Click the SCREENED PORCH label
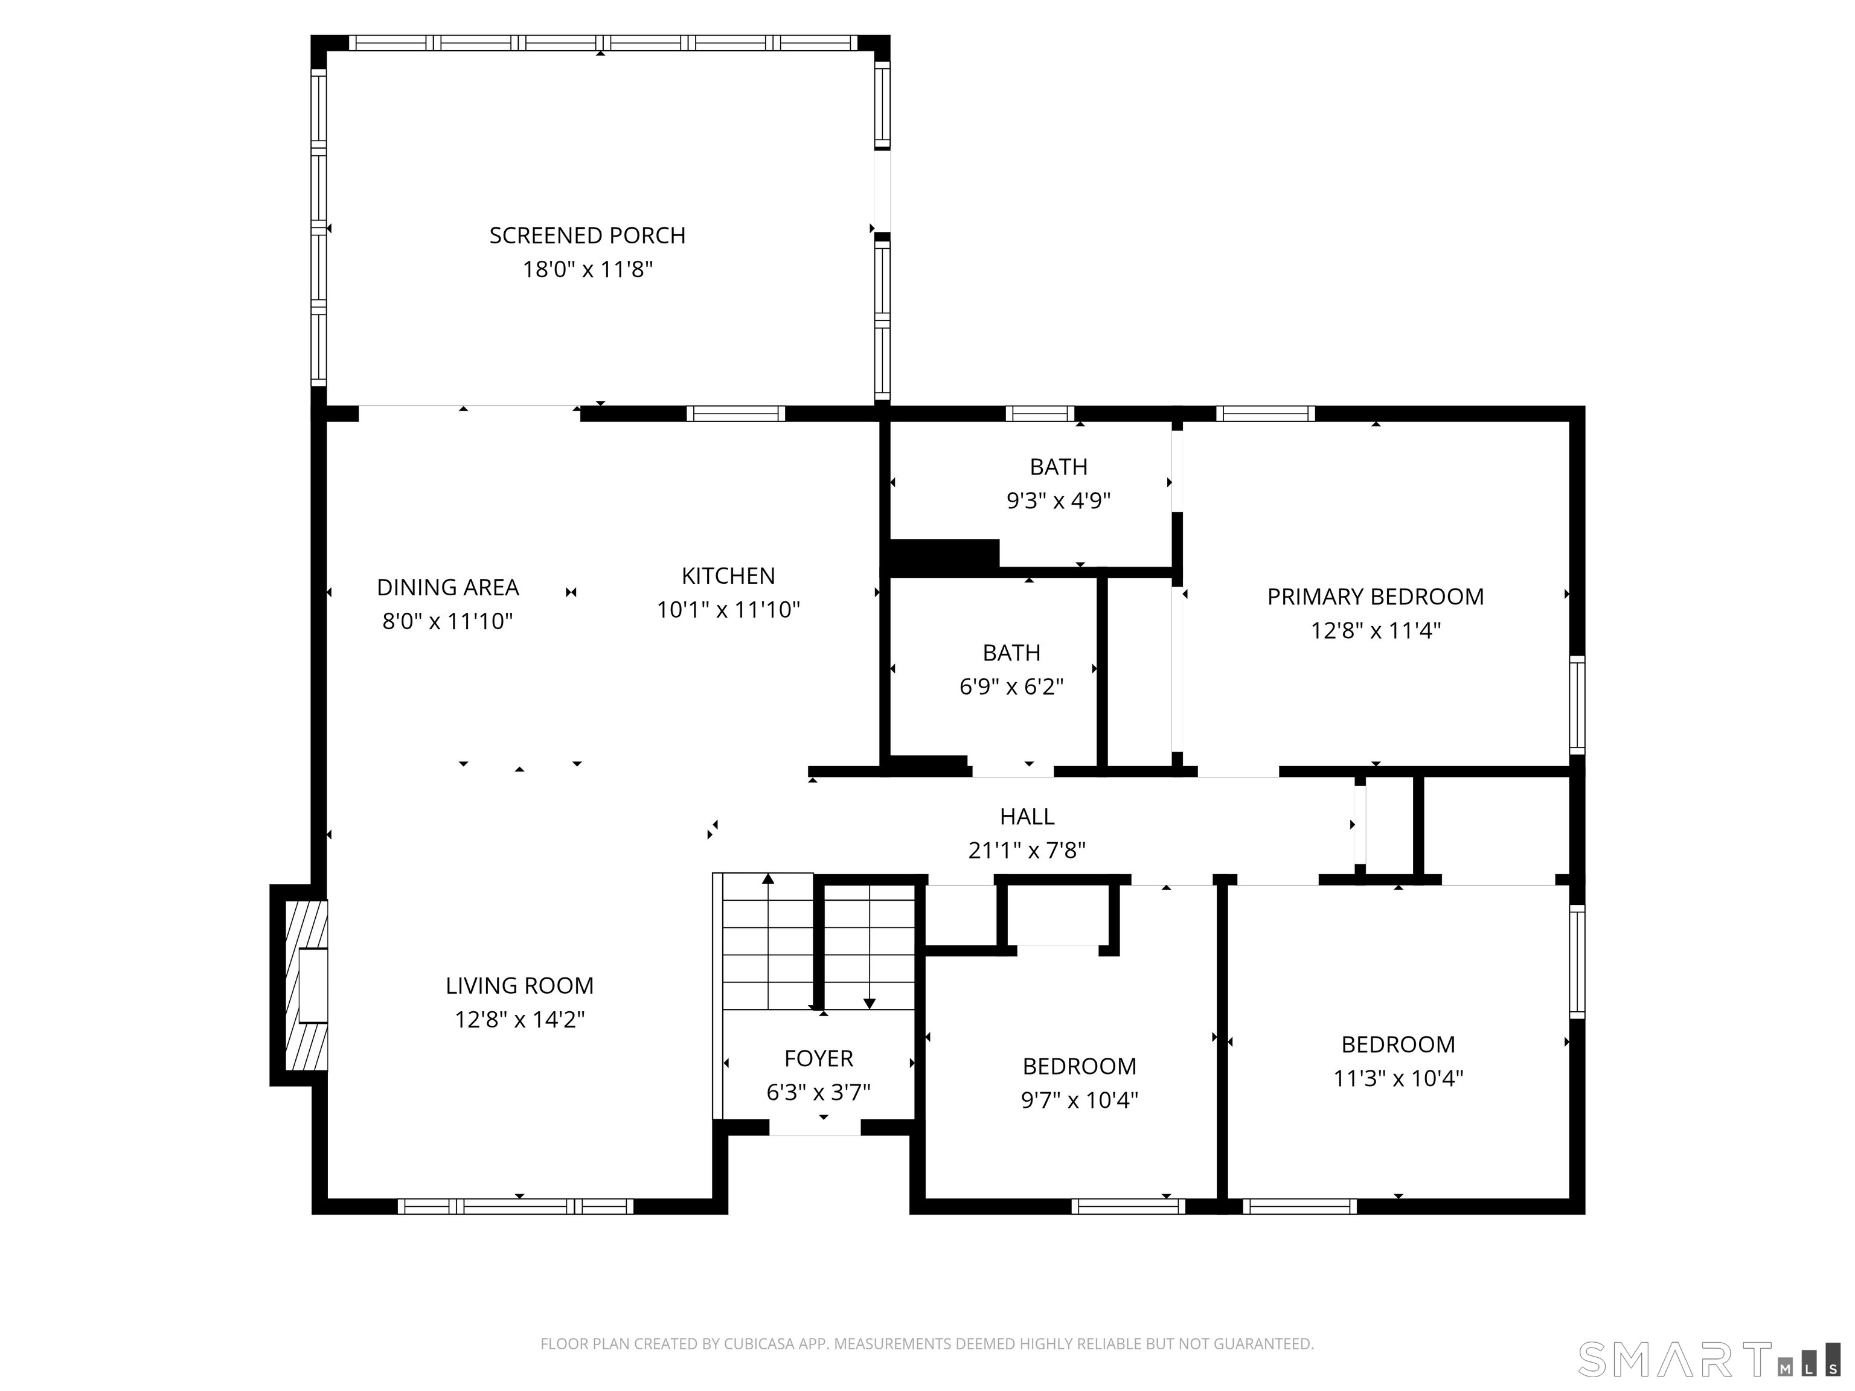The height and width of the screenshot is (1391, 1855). pos(587,235)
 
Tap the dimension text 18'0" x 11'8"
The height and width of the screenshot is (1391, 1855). pos(587,270)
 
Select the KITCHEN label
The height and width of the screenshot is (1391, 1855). pos(728,576)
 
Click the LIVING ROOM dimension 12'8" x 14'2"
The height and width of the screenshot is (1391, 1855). pos(519,1020)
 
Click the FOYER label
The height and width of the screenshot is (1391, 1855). pos(818,1059)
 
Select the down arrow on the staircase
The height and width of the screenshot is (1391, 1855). pos(870,1002)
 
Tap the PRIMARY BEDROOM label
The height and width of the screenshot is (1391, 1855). pos(1376,597)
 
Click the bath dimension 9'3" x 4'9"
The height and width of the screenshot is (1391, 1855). pos(1059,501)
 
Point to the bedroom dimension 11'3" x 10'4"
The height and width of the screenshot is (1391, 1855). pos(1398,1078)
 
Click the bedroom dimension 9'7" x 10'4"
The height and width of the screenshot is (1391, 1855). pos(1079,1100)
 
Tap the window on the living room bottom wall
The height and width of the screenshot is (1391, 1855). pos(515,1206)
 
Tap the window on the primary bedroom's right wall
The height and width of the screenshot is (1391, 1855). pos(1577,705)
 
